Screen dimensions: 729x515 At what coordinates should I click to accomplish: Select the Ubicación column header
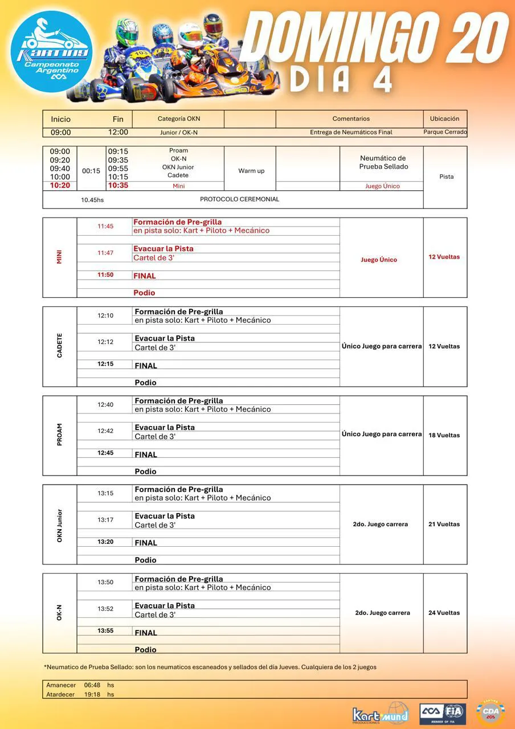pyautogui.click(x=444, y=119)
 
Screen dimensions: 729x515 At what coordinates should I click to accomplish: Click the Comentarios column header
pyautogui.click(x=351, y=119)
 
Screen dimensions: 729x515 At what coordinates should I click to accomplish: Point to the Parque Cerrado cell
pyautogui.click(x=445, y=132)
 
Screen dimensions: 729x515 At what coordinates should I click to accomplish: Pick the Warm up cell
pyautogui.click(x=251, y=171)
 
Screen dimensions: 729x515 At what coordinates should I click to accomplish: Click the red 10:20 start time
pyautogui.click(x=60, y=186)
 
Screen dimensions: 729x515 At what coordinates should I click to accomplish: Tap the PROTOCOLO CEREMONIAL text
pyautogui.click(x=239, y=199)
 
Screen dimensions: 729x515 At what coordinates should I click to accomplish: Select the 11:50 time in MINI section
pyautogui.click(x=105, y=275)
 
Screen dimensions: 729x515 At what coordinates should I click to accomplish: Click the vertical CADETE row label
pyautogui.click(x=60, y=346)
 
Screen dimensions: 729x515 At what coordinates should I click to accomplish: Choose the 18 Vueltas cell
pyautogui.click(x=444, y=435)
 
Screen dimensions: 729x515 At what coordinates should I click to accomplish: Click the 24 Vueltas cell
pyautogui.click(x=444, y=613)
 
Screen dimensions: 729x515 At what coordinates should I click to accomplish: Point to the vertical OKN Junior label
pyautogui.click(x=60, y=525)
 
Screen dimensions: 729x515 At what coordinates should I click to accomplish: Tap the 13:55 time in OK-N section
pyautogui.click(x=105, y=631)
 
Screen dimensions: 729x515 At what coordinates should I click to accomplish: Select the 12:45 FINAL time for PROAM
pyautogui.click(x=105, y=453)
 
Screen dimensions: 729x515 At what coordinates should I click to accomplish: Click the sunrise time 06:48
pyautogui.click(x=92, y=685)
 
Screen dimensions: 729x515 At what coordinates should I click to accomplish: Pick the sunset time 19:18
pyautogui.click(x=92, y=694)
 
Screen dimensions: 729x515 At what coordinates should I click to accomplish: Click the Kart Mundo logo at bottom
pyautogui.click(x=380, y=714)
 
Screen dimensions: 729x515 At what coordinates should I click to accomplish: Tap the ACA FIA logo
pyautogui.click(x=443, y=714)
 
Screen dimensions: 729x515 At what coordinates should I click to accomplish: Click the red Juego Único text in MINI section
pyautogui.click(x=379, y=260)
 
